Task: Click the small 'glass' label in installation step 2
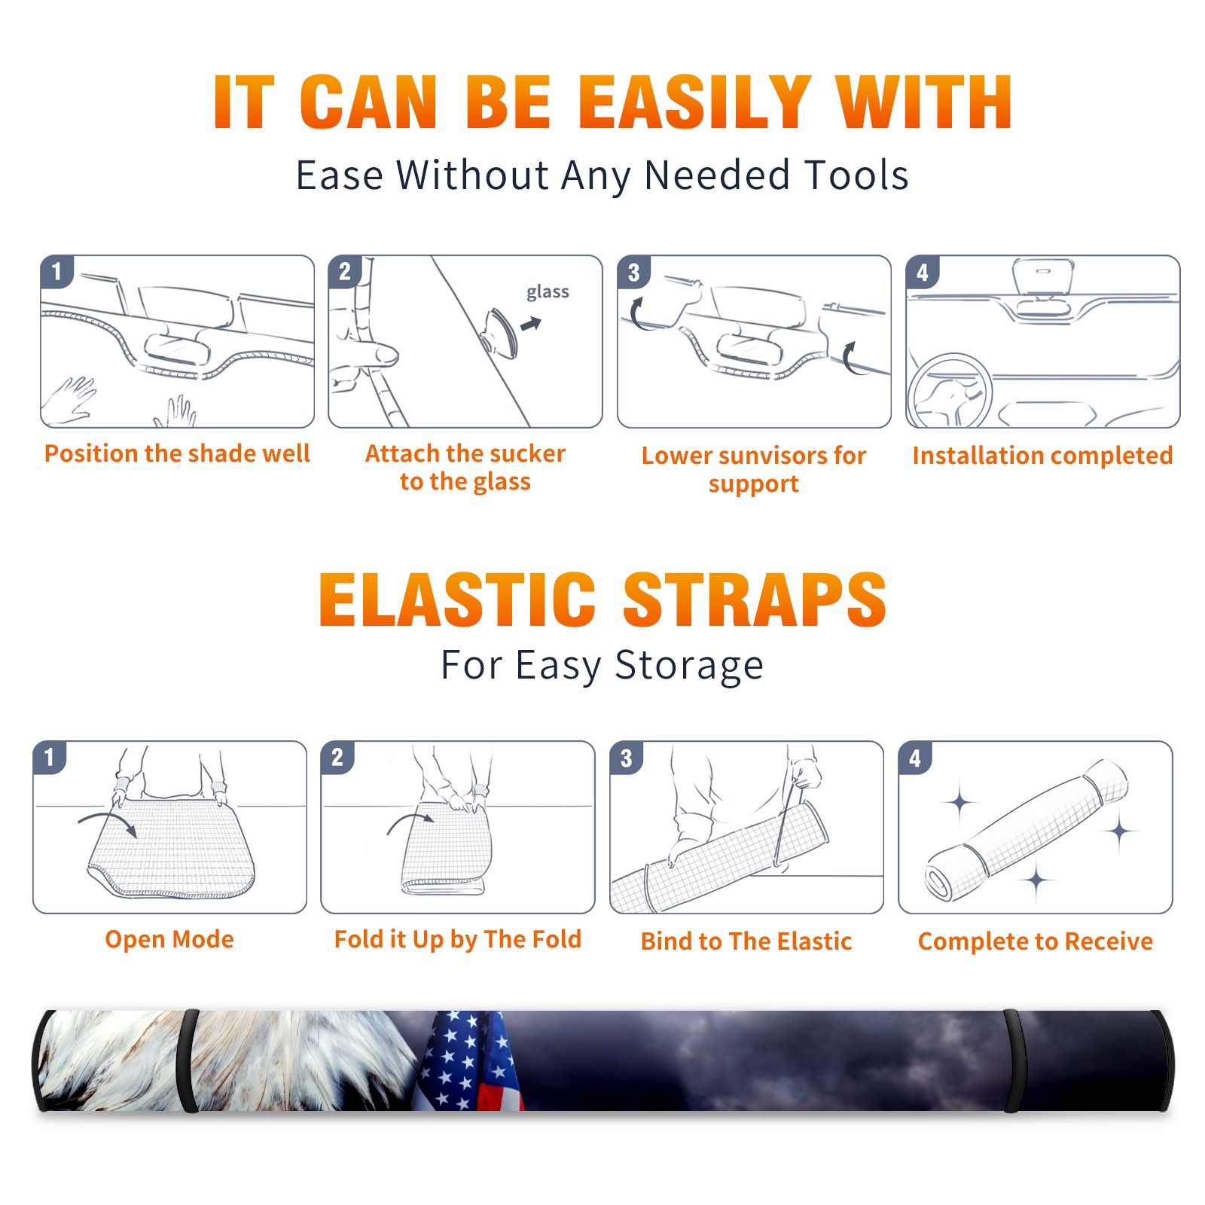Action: [548, 292]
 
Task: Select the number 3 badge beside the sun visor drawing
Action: [633, 273]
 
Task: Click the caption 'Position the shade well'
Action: [177, 453]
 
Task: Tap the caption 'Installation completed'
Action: [1042, 456]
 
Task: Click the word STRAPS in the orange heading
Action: [755, 599]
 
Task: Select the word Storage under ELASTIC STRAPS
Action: [689, 666]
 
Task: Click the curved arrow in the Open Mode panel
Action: [108, 823]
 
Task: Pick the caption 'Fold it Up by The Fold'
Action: [458, 939]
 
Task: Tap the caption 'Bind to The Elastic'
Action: [746, 941]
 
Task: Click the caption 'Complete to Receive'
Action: [1036, 941]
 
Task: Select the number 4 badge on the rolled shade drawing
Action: [914, 758]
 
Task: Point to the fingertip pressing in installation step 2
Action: [387, 354]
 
